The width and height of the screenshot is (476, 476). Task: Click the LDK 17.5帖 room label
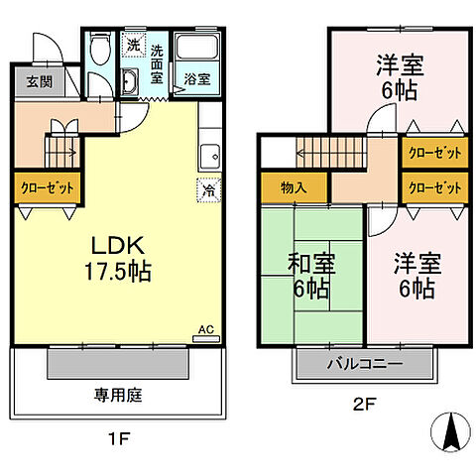coord(123,259)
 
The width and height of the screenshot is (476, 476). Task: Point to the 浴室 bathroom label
coord(193,81)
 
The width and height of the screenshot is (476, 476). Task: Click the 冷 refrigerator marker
coord(210,185)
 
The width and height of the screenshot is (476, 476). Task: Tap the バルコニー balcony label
coord(364,365)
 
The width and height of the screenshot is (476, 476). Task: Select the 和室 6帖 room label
coord(310,277)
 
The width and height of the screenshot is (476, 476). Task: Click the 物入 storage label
coord(294,187)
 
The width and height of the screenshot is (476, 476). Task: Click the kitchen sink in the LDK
coord(209,155)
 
